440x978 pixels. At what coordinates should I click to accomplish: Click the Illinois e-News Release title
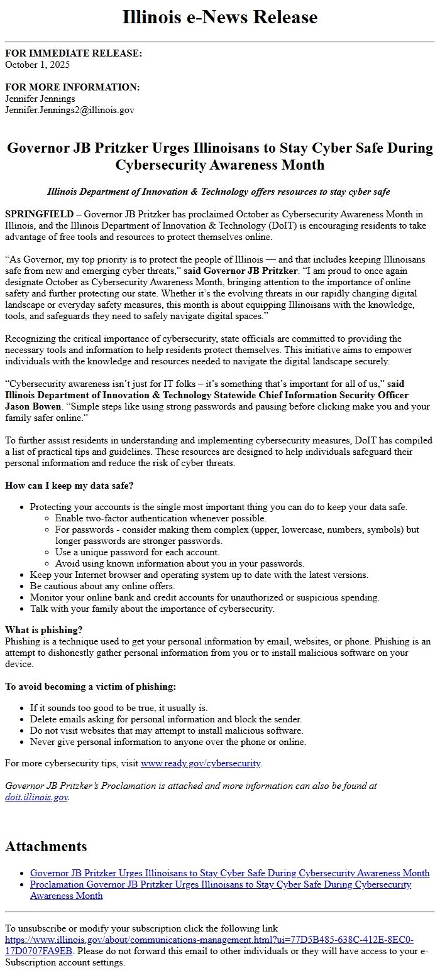(x=220, y=17)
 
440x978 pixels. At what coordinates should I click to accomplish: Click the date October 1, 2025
(x=37, y=65)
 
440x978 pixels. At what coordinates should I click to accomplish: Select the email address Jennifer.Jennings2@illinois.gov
(x=69, y=110)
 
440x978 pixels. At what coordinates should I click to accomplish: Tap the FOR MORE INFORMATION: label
(x=72, y=87)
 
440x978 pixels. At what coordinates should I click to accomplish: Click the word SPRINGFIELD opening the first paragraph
(x=39, y=215)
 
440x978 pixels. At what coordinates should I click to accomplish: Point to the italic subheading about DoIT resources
(x=219, y=192)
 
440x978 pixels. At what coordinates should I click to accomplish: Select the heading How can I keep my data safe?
(x=69, y=486)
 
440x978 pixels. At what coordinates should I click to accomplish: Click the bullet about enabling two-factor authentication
(x=160, y=518)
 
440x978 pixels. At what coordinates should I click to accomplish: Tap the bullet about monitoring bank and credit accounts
(x=204, y=597)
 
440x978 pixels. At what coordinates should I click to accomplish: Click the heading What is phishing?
(x=44, y=630)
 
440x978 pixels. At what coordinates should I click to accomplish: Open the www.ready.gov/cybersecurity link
(x=201, y=764)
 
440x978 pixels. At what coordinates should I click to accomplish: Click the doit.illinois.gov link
(x=36, y=797)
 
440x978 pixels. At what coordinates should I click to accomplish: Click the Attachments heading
(x=46, y=846)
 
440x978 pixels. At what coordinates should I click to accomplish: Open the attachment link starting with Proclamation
(x=220, y=884)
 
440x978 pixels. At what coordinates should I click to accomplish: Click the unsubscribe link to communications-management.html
(x=209, y=940)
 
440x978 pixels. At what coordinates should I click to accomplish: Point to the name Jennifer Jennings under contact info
(x=40, y=99)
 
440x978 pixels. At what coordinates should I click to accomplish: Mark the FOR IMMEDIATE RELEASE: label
(x=74, y=53)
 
